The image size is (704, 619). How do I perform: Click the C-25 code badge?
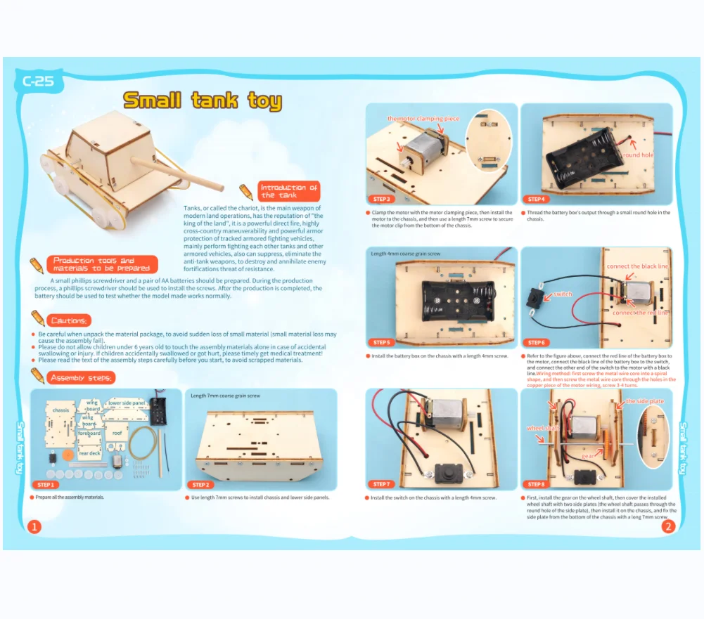coord(38,82)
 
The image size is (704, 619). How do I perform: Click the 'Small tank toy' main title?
coord(203,100)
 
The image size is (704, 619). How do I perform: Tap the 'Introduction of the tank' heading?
coord(288,191)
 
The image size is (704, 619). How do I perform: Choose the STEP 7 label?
coord(381,484)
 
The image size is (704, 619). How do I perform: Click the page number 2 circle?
coord(668,526)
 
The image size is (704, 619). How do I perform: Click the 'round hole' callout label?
coord(637,155)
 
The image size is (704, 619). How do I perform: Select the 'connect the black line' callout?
coord(637,266)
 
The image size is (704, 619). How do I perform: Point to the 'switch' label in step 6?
coord(563,294)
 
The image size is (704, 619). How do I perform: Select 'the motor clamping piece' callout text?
coord(423,119)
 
